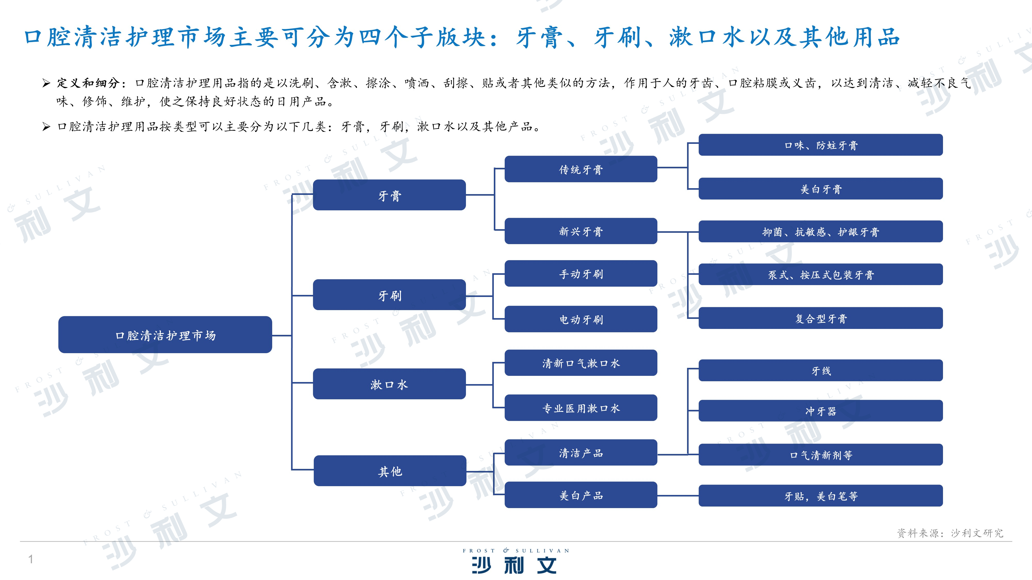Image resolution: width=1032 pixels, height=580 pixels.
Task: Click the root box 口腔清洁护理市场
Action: pyautogui.click(x=165, y=335)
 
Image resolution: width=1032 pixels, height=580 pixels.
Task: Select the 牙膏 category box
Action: pyautogui.click(x=389, y=195)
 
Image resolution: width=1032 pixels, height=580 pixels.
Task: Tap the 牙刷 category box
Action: pyautogui.click(x=389, y=295)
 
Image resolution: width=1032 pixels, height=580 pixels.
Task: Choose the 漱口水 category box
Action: pyautogui.click(x=389, y=384)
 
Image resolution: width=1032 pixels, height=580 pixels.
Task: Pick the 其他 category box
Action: pyautogui.click(x=390, y=471)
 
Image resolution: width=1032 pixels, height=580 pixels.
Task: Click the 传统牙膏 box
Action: pyautogui.click(x=581, y=169)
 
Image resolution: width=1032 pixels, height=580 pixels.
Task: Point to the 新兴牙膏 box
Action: pyautogui.click(x=581, y=231)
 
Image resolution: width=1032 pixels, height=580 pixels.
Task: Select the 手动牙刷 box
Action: pyautogui.click(x=581, y=274)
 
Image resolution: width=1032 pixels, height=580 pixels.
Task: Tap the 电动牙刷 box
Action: pyautogui.click(x=581, y=319)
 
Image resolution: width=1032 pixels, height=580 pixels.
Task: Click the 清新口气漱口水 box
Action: pyautogui.click(x=581, y=363)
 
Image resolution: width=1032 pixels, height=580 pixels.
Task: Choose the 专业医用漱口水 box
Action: pyautogui.click(x=581, y=408)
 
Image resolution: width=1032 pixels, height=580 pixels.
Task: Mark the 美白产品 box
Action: pyautogui.click(x=581, y=495)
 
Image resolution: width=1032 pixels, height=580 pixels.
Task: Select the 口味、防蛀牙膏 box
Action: pyautogui.click(x=820, y=145)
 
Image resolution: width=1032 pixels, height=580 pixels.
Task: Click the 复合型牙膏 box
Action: pyautogui.click(x=820, y=318)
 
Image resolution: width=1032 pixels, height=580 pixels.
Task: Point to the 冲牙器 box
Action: pyautogui.click(x=820, y=411)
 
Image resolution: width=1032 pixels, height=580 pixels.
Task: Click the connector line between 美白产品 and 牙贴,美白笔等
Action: pyautogui.click(x=678, y=495)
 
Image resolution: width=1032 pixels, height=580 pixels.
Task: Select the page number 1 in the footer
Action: pyautogui.click(x=30, y=559)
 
